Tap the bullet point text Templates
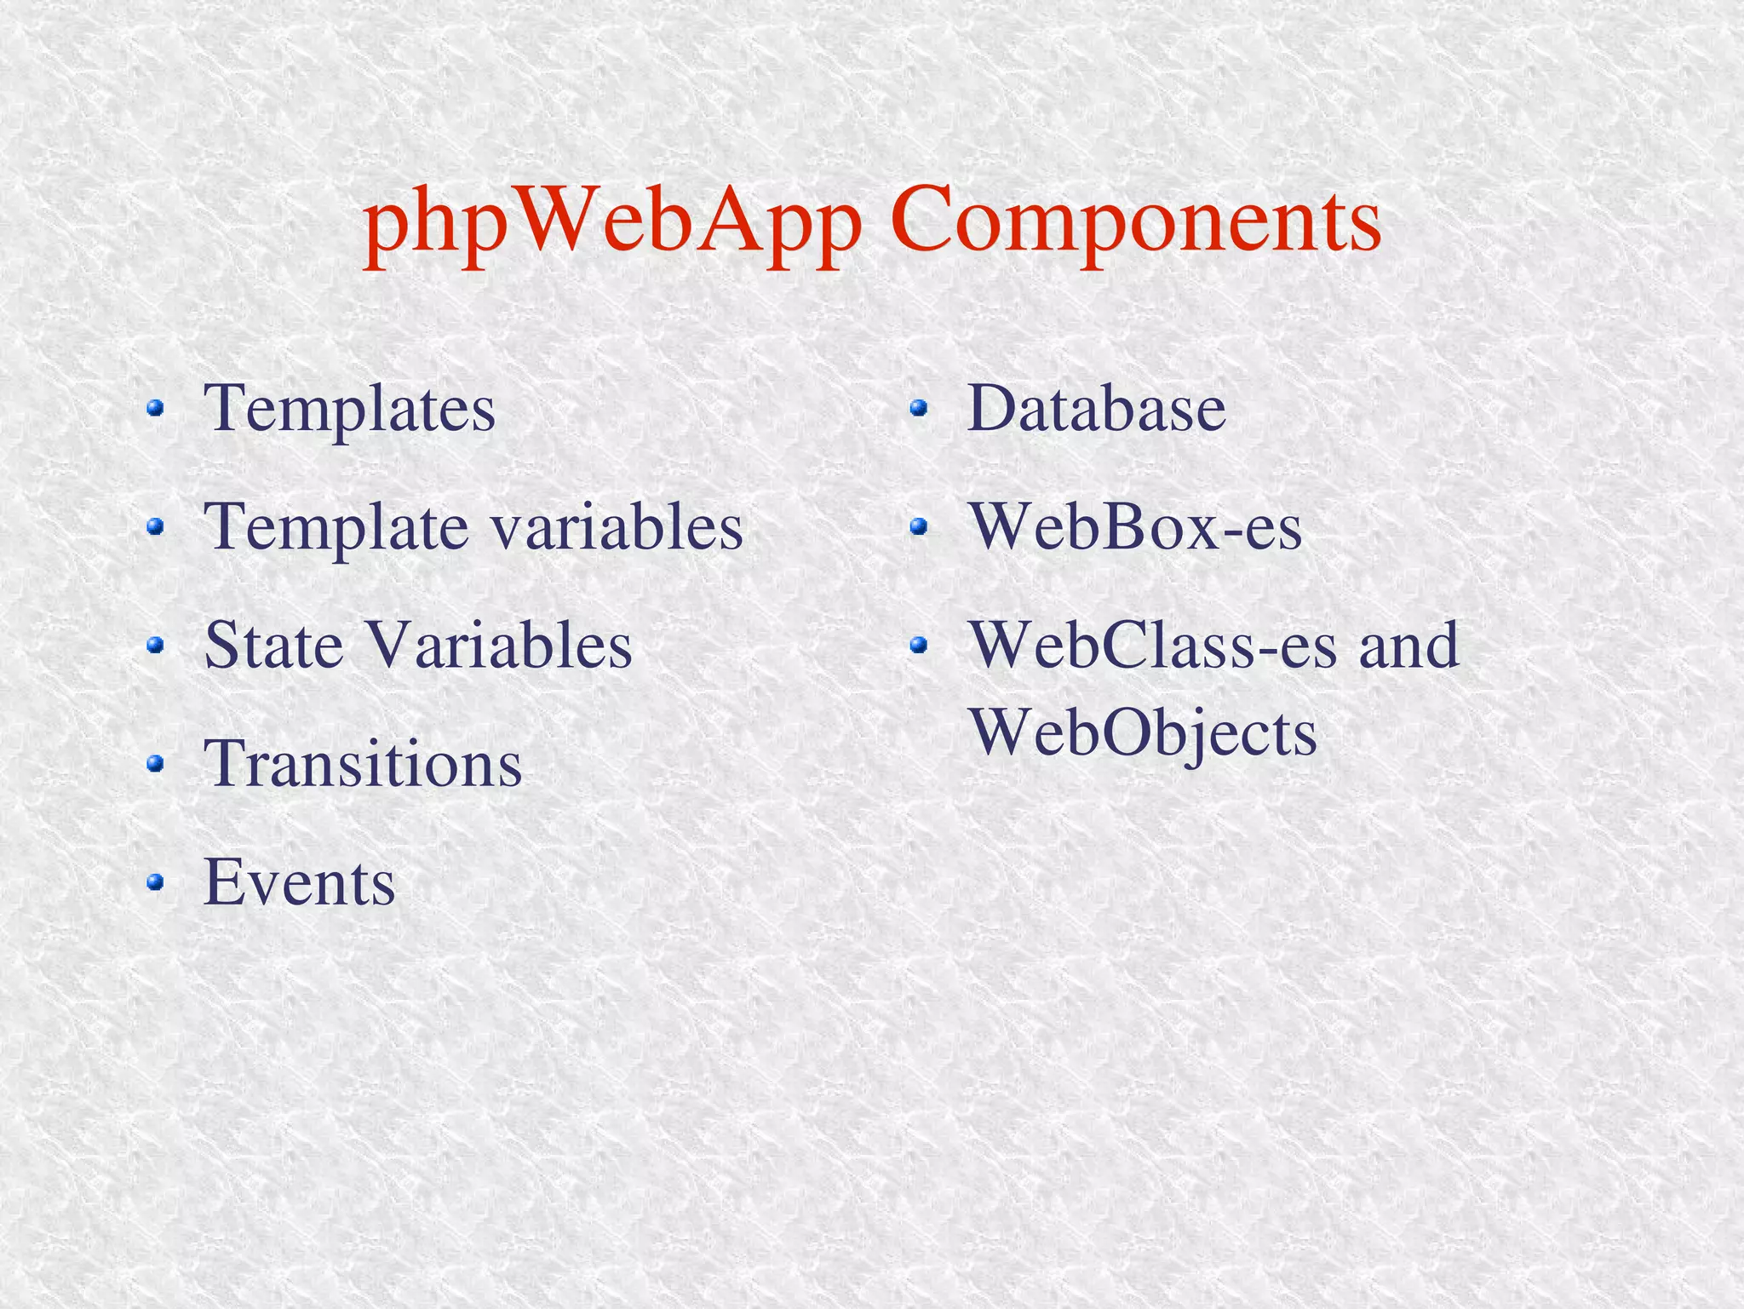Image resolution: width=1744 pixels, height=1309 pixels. [349, 409]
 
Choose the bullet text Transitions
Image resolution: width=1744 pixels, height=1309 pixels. [363, 763]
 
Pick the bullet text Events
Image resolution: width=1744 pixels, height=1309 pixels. [299, 882]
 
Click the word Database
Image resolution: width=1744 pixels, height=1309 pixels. [1096, 409]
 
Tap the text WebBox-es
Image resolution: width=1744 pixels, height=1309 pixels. [1136, 527]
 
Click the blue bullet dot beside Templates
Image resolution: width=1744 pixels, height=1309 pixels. [154, 410]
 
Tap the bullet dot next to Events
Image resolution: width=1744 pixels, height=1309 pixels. [154, 882]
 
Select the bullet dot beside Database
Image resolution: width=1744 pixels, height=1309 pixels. [918, 410]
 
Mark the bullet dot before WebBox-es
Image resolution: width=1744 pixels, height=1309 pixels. [918, 528]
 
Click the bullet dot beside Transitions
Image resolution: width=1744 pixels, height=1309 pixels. [154, 764]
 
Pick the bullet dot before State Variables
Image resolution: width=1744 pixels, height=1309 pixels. [154, 646]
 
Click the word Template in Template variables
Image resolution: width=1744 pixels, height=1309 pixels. [336, 527]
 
